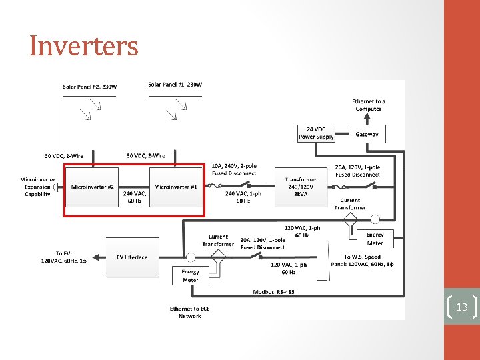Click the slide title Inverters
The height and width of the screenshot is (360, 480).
(84, 46)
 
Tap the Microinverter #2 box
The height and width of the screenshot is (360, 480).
(93, 187)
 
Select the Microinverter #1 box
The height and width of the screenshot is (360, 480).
(175, 187)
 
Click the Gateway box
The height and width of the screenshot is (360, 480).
(367, 135)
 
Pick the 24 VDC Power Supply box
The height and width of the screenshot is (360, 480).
(316, 133)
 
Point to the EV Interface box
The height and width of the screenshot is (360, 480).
(132, 257)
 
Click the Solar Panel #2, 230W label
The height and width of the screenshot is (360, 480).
(89, 87)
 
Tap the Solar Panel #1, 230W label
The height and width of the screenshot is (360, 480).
(175, 85)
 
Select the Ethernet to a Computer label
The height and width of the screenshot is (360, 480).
(369, 105)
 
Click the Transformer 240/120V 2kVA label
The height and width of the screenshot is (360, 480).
(301, 187)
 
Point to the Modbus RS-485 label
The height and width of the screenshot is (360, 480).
(273, 292)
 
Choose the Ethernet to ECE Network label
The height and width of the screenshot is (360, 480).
(189, 312)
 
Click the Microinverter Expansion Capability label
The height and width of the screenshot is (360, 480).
(37, 187)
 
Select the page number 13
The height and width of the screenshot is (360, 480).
(461, 307)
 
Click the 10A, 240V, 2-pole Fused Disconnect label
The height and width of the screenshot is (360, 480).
(234, 169)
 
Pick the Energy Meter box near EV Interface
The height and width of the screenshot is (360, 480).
(190, 276)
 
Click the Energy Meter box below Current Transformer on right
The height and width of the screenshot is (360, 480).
(375, 239)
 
